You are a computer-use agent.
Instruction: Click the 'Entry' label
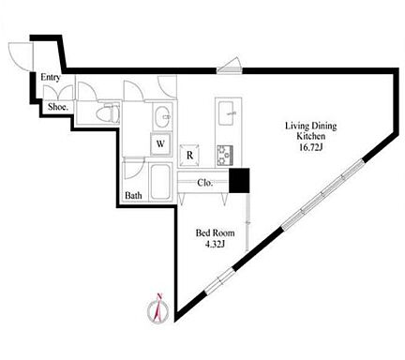pos(51,77)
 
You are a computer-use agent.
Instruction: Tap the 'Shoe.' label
pos(58,107)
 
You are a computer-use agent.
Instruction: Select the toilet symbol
pos(108,112)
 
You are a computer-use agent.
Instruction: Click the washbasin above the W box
pos(162,117)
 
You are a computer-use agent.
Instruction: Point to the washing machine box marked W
pos(160,144)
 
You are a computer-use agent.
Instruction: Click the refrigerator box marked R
pos(189,156)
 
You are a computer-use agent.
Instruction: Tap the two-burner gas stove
pos(225,156)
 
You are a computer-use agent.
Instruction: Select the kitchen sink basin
pos(228,112)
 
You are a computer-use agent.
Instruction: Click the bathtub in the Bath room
pos(160,182)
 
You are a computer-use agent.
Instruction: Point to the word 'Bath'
pos(133,196)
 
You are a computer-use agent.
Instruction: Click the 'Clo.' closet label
pos(205,183)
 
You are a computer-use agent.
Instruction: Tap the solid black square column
pos(239,180)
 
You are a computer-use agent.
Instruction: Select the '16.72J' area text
pos(310,147)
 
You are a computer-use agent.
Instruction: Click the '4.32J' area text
pos(215,244)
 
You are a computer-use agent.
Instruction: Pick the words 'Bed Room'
pos(215,233)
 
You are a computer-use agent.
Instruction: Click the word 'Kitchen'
pos(310,136)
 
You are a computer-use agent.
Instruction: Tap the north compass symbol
pos(158,309)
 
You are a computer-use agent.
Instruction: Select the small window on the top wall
pos(230,67)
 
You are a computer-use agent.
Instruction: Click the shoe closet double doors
pos(58,93)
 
